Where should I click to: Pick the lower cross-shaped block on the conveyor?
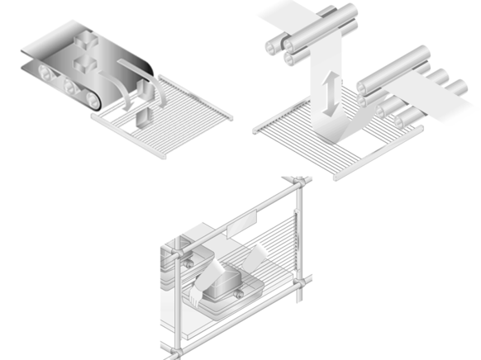(83, 64)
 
